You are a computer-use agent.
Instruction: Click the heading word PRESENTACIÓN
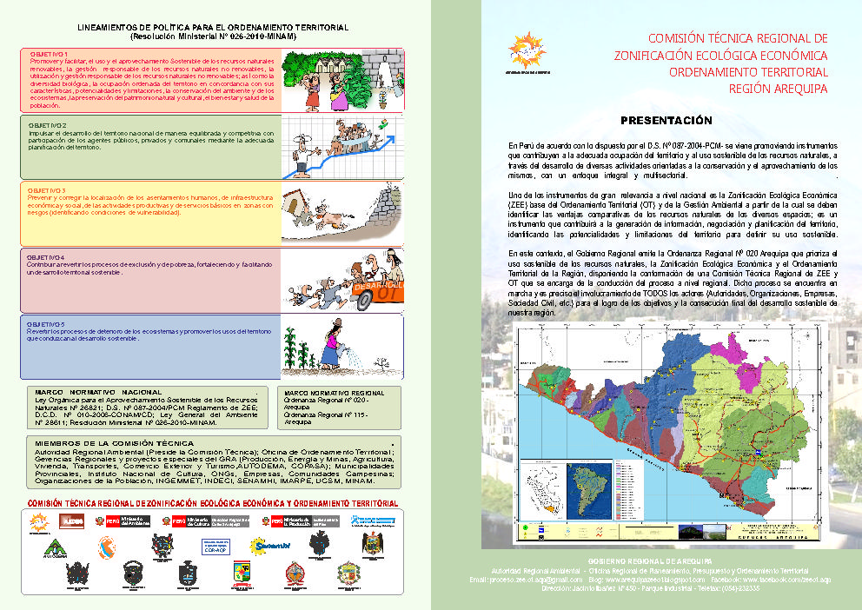(666, 120)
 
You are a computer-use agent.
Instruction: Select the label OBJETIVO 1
(49, 55)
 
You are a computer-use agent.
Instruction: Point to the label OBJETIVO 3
(49, 189)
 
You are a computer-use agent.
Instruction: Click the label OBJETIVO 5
(49, 323)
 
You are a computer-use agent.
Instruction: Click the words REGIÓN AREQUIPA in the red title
(777, 88)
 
